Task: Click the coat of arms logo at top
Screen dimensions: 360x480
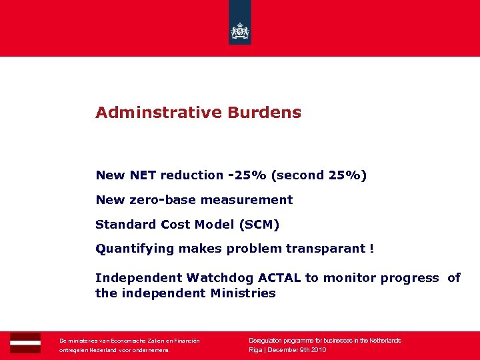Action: pos(239,31)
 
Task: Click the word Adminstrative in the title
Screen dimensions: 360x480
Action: pos(158,113)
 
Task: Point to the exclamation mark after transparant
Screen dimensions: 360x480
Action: pos(371,249)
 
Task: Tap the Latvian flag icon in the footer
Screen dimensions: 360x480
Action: pos(25,343)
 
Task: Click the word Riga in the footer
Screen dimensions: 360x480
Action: pos(255,350)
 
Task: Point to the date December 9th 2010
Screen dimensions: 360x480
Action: pos(297,350)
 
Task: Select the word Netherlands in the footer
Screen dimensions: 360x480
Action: pos(383,341)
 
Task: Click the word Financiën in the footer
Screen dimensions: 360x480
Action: pos(184,341)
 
